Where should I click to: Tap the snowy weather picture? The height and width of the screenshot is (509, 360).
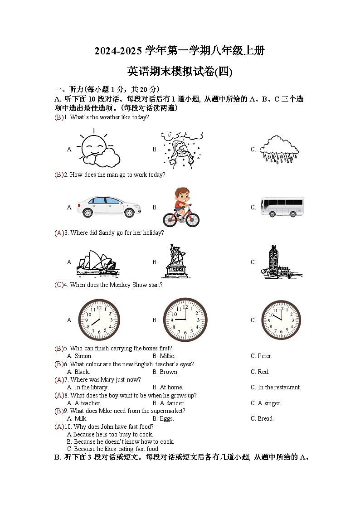(182, 149)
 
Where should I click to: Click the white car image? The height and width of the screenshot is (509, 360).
(108, 207)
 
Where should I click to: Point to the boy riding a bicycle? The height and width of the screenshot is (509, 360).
(181, 208)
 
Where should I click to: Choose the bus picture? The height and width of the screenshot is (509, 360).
(282, 207)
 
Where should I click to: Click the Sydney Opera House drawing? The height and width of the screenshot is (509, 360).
(97, 263)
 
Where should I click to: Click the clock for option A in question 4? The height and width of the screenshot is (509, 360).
(99, 320)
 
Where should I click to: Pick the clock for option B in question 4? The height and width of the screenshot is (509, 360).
(185, 320)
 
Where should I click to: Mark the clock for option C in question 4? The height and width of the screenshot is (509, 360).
(281, 320)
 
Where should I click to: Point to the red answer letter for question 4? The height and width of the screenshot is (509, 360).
(59, 285)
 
